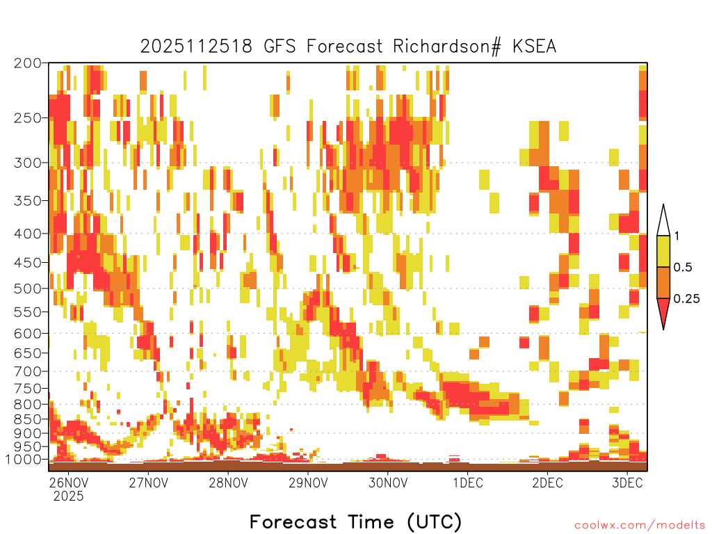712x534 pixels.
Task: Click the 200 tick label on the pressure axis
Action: click(28, 63)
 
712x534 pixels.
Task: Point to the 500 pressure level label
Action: click(28, 289)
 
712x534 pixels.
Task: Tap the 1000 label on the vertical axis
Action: click(24, 460)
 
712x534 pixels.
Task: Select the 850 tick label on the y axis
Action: click(28, 419)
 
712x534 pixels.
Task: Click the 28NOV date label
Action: click(228, 483)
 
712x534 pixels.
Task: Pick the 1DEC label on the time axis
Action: click(468, 483)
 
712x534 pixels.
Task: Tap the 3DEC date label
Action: click(628, 483)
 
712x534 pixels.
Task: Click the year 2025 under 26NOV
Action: click(69, 496)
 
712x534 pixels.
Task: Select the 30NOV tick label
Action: click(388, 483)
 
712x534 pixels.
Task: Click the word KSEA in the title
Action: click(534, 47)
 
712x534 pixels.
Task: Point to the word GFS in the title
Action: click(280, 47)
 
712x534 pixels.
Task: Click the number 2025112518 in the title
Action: click(196, 47)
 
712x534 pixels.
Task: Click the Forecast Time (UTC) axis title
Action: click(355, 522)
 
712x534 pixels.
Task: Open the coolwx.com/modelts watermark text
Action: click(640, 526)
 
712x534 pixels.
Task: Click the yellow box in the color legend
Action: click(663, 251)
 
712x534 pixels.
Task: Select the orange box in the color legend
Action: click(663, 282)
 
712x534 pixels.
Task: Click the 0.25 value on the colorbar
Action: click(686, 299)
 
